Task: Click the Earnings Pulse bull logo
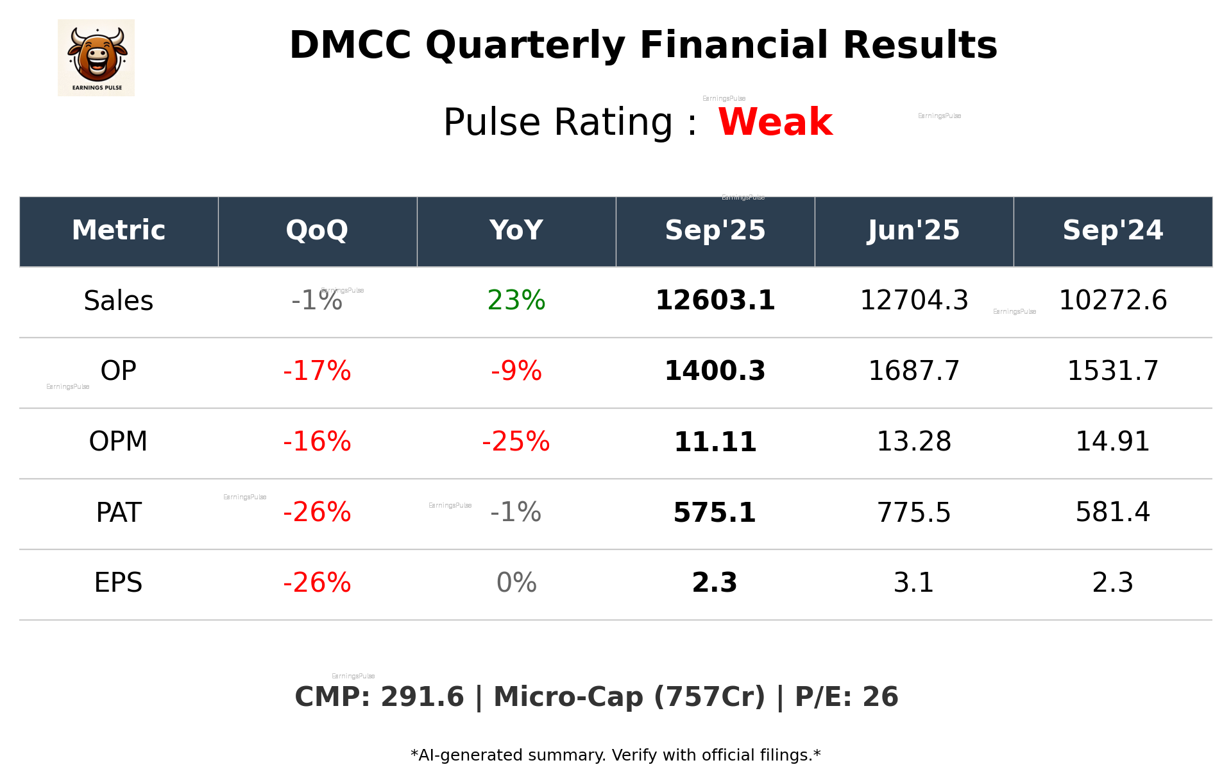96,58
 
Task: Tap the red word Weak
775,122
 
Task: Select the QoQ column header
317,230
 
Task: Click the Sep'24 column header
1112,230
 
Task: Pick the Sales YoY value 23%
516,300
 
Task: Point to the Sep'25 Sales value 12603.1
715,300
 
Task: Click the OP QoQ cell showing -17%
317,371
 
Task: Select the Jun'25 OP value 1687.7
913,371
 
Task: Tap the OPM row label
118,442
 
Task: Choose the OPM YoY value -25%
516,442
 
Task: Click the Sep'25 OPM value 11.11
715,442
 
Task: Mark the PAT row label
118,512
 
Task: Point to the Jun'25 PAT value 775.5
913,512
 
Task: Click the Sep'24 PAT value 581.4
1112,512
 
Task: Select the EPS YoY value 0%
516,583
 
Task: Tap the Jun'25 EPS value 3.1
913,583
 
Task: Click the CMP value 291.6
421,697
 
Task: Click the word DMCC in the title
350,46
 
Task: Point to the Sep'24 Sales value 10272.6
1112,300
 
